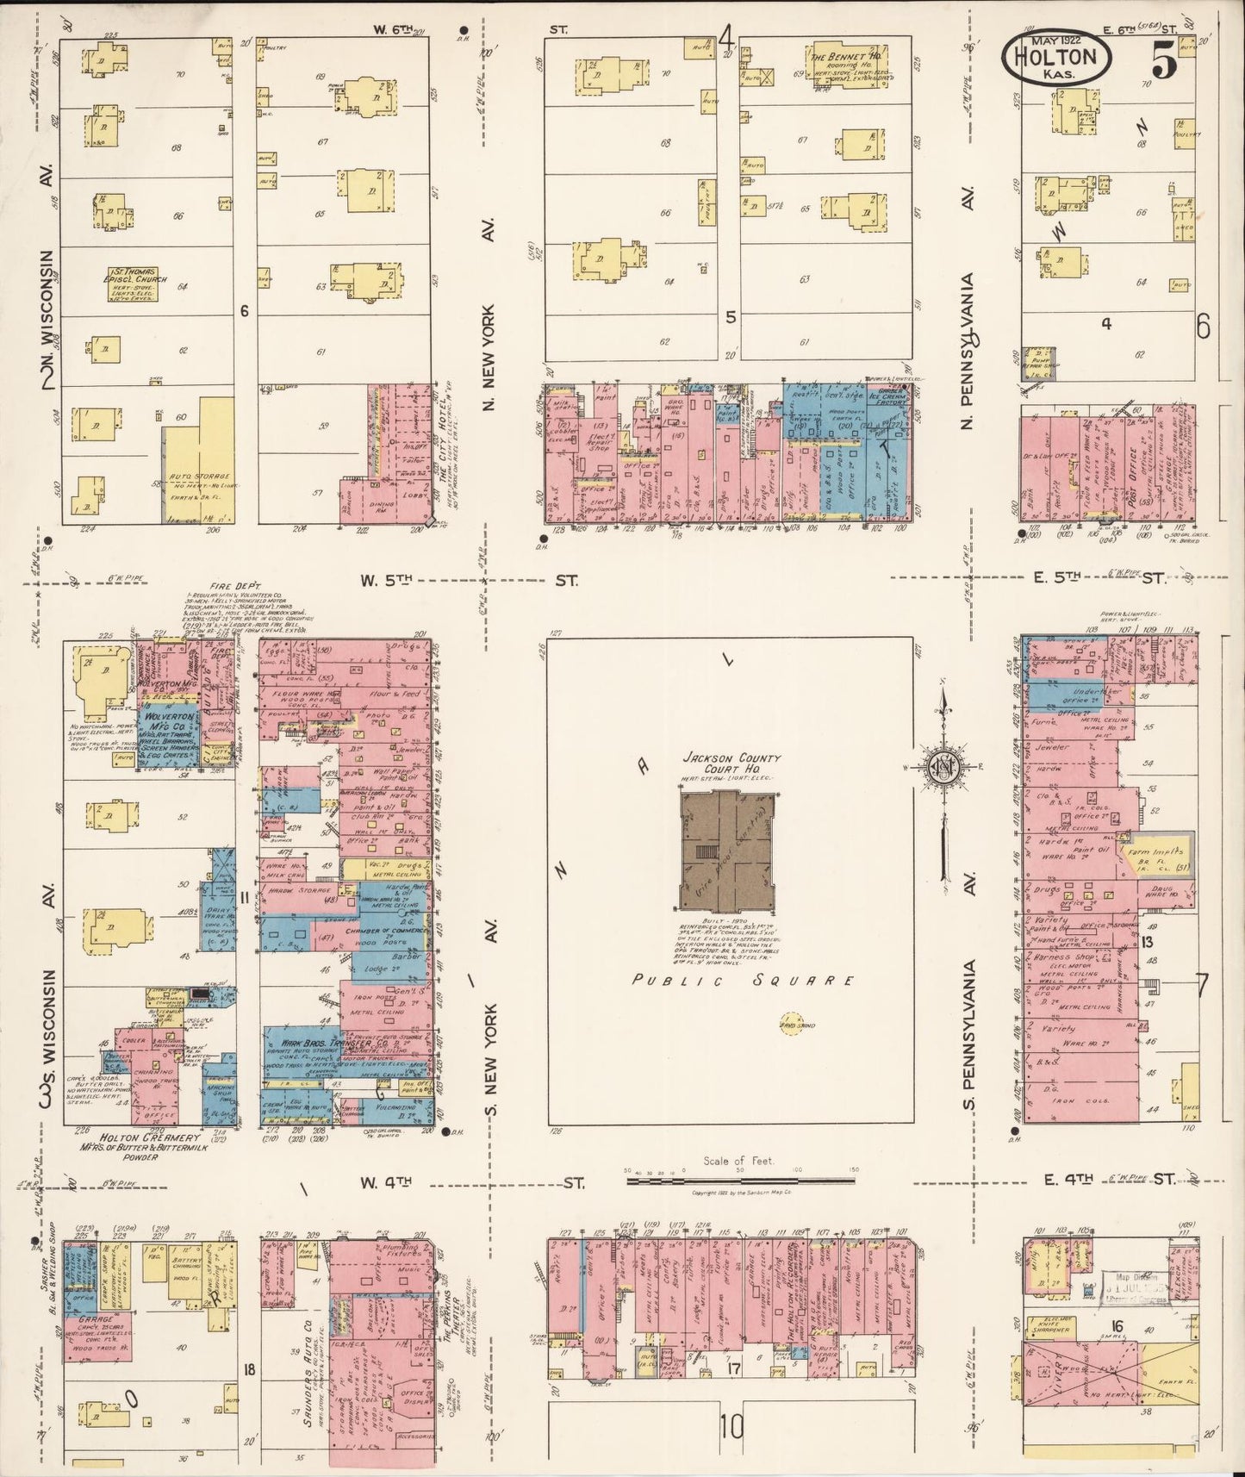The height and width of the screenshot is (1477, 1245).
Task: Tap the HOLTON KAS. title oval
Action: tap(1055, 59)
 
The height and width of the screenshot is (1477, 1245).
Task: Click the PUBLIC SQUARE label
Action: tap(744, 981)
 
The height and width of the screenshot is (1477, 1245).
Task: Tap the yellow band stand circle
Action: tap(787, 1025)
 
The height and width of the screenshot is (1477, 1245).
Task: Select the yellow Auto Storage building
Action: tap(200, 461)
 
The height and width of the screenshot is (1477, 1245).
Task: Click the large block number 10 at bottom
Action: tap(730, 1428)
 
